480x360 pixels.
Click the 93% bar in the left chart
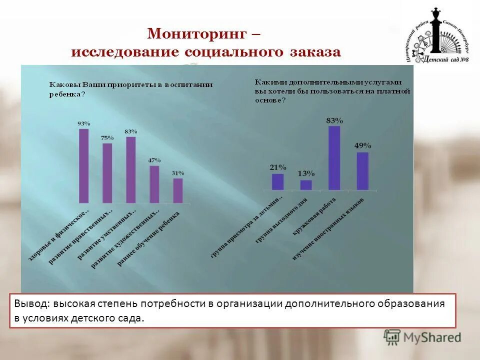[84, 165]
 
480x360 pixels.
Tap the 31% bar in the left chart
[178, 190]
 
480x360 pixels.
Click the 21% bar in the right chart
[277, 181]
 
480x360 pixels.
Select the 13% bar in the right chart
[306, 184]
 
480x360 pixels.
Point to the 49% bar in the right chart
[362, 170]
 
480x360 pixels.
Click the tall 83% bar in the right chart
[334, 157]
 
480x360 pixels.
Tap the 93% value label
[83, 123]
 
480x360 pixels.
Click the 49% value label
[362, 145]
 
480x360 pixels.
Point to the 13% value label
[306, 173]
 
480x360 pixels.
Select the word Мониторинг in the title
[197, 34]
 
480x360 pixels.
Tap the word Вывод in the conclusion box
[30, 304]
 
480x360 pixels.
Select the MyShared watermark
[422, 337]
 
